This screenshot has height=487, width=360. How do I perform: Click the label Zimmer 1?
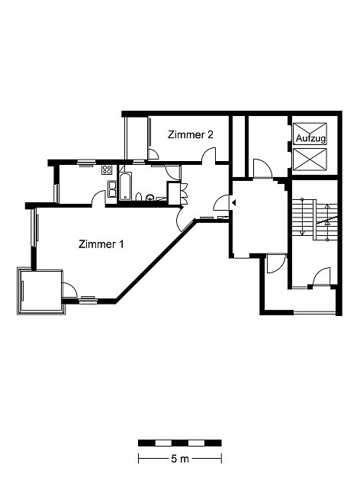click(x=101, y=244)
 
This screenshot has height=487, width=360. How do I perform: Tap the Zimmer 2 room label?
click(x=191, y=135)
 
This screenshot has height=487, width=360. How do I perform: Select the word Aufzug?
click(x=310, y=138)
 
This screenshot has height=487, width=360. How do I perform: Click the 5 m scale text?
click(x=180, y=459)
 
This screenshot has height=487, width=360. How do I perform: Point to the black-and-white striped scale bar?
click(x=180, y=443)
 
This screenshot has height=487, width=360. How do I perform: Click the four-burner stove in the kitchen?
click(x=107, y=169)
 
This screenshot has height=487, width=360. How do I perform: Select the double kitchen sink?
click(x=112, y=189)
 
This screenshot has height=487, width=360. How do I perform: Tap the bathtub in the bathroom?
click(x=126, y=186)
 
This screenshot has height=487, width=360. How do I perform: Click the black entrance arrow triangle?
click(x=233, y=203)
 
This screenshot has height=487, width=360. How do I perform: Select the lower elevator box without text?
click(x=310, y=160)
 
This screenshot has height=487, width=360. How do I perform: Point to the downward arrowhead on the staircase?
click(x=303, y=233)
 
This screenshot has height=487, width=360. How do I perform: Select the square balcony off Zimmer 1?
click(x=41, y=292)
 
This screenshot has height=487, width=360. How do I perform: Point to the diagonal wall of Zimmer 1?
click(x=155, y=260)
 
